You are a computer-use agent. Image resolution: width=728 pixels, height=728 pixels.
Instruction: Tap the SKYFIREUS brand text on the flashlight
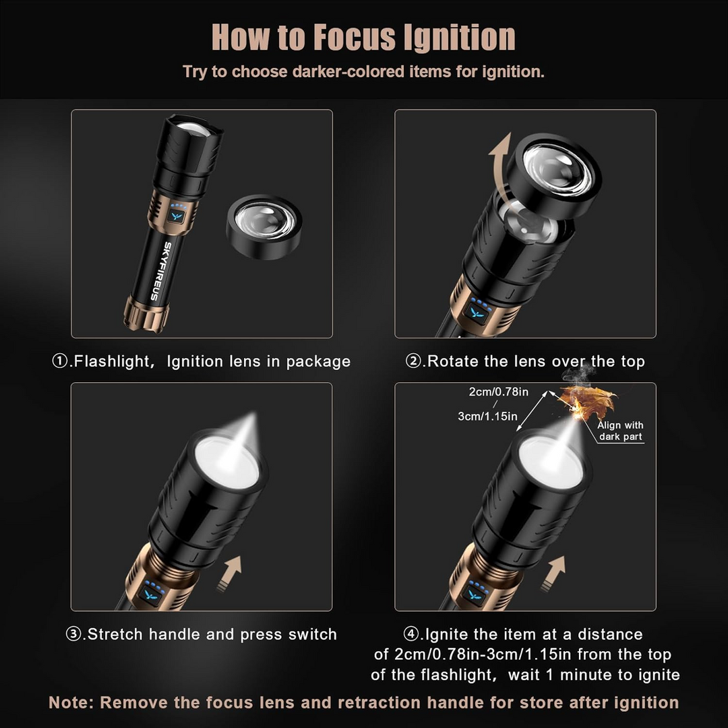pyautogui.click(x=160, y=271)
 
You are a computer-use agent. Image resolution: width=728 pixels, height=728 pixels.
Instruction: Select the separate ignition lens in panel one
pyautogui.click(x=264, y=226)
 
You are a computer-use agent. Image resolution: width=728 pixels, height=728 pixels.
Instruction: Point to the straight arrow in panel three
pyautogui.click(x=229, y=574)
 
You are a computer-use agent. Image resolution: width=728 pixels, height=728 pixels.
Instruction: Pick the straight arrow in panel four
pyautogui.click(x=553, y=574)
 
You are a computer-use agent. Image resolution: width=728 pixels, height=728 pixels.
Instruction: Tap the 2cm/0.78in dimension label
pyautogui.click(x=498, y=392)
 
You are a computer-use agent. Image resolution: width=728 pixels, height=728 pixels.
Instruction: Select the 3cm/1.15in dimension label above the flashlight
pyautogui.click(x=487, y=416)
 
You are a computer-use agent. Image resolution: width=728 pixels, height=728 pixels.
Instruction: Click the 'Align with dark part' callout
pyautogui.click(x=620, y=431)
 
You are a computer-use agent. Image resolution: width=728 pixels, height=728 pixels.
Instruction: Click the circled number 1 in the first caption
pyautogui.click(x=60, y=361)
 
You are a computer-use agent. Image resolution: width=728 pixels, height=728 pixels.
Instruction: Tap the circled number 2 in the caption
pyautogui.click(x=413, y=361)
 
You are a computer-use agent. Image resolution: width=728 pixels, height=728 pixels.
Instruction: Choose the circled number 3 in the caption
pyautogui.click(x=73, y=634)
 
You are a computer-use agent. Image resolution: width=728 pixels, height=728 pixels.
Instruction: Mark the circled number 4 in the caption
pyautogui.click(x=411, y=634)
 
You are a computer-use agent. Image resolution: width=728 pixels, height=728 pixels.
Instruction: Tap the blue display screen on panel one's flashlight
pyautogui.click(x=175, y=216)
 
